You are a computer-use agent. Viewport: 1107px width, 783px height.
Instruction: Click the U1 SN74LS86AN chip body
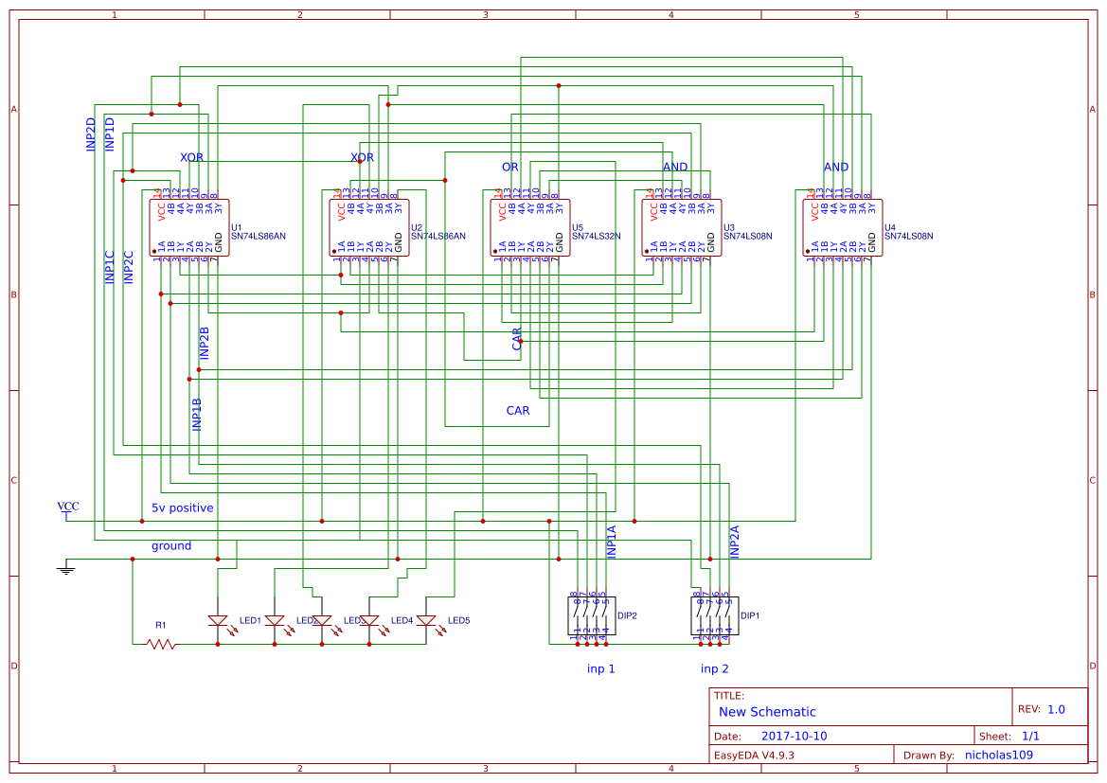pyautogui.click(x=189, y=227)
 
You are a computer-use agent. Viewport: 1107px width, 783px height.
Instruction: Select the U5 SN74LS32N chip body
pyautogui.click(x=530, y=227)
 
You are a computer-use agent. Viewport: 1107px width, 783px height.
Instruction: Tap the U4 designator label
pyautogui.click(x=889, y=228)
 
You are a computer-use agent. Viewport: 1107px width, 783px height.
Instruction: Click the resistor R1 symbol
pyautogui.click(x=161, y=644)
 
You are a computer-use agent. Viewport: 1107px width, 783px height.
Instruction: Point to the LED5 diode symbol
pyautogui.click(x=426, y=621)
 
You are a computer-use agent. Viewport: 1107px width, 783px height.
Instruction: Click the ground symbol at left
pyautogui.click(x=66, y=567)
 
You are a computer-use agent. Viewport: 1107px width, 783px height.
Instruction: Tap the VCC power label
pyautogui.click(x=68, y=507)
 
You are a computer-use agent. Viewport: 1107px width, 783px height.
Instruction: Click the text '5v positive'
pyautogui.click(x=182, y=507)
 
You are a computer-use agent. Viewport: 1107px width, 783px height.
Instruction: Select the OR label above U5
pyautogui.click(x=510, y=167)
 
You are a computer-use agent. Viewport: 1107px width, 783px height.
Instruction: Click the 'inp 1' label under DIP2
pyautogui.click(x=601, y=668)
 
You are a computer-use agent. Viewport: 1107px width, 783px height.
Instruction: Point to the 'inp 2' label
pyautogui.click(x=715, y=668)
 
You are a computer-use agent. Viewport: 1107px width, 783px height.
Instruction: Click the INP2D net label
pyautogui.click(x=91, y=134)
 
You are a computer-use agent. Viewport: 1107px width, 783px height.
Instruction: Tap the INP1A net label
pyautogui.click(x=611, y=541)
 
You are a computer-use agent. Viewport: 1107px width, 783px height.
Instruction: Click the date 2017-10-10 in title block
pyautogui.click(x=794, y=736)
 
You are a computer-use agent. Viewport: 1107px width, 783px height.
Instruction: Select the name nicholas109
pyautogui.click(x=998, y=755)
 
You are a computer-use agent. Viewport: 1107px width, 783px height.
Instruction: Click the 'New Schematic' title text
pyautogui.click(x=767, y=712)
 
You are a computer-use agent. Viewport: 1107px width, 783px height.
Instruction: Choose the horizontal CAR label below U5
pyautogui.click(x=518, y=411)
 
